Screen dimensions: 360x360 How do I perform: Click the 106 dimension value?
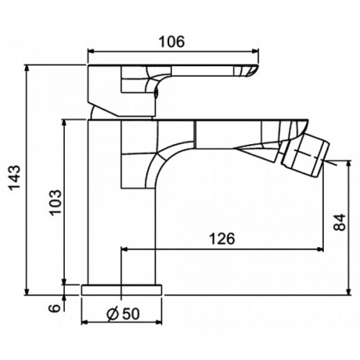coord(172,42)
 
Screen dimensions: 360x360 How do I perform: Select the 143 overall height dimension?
coord(15,178)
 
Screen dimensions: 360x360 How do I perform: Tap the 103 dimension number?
coord(55,202)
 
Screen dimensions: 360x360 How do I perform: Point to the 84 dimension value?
coord(339,222)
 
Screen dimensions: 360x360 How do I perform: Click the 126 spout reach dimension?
coord(222,238)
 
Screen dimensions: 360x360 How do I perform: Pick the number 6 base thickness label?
coord(55,308)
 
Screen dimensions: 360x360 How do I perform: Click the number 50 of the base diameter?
coord(131,313)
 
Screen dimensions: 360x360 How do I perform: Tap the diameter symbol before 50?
coord(112,314)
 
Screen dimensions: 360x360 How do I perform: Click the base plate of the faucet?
coord(122,290)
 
